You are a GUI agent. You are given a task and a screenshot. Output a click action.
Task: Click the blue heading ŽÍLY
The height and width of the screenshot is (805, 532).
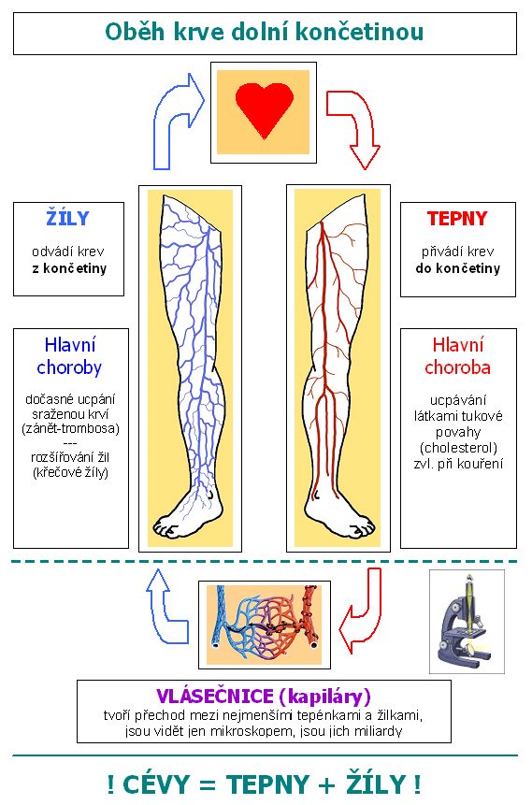coord(67,218)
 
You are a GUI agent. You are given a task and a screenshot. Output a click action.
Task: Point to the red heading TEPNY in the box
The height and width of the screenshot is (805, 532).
coord(457,219)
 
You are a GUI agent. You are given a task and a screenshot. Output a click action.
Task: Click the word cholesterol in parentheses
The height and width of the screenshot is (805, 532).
coord(458,448)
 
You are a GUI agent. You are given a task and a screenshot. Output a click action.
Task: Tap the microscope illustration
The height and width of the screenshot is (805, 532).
coord(467,623)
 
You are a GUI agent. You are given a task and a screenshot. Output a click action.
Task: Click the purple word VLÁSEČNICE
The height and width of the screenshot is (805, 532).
coord(215,697)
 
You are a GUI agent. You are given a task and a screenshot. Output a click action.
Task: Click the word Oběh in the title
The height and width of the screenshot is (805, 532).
coord(135,32)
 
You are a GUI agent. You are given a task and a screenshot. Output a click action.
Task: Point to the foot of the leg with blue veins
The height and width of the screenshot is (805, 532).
coord(188,516)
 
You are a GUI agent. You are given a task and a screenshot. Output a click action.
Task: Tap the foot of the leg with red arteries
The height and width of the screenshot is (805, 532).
coord(338,516)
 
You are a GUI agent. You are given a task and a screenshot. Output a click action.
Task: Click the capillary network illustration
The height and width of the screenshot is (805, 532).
coord(265,625)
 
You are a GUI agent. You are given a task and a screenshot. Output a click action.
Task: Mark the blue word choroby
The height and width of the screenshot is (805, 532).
coord(69,368)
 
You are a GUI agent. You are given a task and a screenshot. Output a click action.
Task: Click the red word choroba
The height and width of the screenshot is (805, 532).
coord(457,367)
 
